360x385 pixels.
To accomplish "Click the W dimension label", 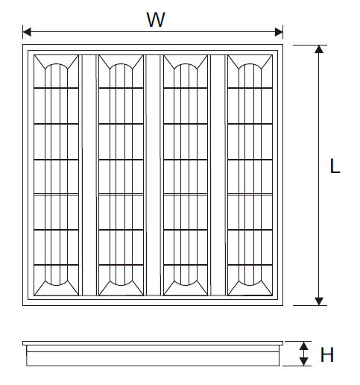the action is pyautogui.click(x=156, y=19).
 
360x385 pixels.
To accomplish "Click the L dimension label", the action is pyautogui.click(x=335, y=166).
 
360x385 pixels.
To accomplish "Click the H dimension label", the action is pyautogui.click(x=327, y=354).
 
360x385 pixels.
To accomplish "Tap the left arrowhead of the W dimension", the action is pyautogui.click(x=27, y=32).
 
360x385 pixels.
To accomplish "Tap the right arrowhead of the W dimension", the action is pyautogui.click(x=279, y=32).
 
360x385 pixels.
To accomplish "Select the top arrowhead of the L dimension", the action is pyautogui.click(x=319, y=49).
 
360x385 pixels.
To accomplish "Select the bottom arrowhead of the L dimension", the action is pyautogui.click(x=319, y=301).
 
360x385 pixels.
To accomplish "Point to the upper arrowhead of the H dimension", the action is pyautogui.click(x=303, y=346).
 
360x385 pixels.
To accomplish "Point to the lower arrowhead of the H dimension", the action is pyautogui.click(x=303, y=362).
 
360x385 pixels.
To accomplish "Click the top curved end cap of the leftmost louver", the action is pyautogui.click(x=56, y=64).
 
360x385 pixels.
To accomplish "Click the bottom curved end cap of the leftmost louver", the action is pyautogui.click(x=56, y=284).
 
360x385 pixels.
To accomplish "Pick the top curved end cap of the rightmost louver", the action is pyautogui.click(x=250, y=64).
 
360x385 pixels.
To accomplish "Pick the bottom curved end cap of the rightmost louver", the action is pyautogui.click(x=250, y=284).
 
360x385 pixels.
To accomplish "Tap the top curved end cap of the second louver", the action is pyautogui.click(x=121, y=64).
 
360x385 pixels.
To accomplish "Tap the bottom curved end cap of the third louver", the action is pyautogui.click(x=186, y=284).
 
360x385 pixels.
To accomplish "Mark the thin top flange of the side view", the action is pyautogui.click(x=153, y=343).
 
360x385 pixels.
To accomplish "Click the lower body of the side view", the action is pyautogui.click(x=153, y=359).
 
